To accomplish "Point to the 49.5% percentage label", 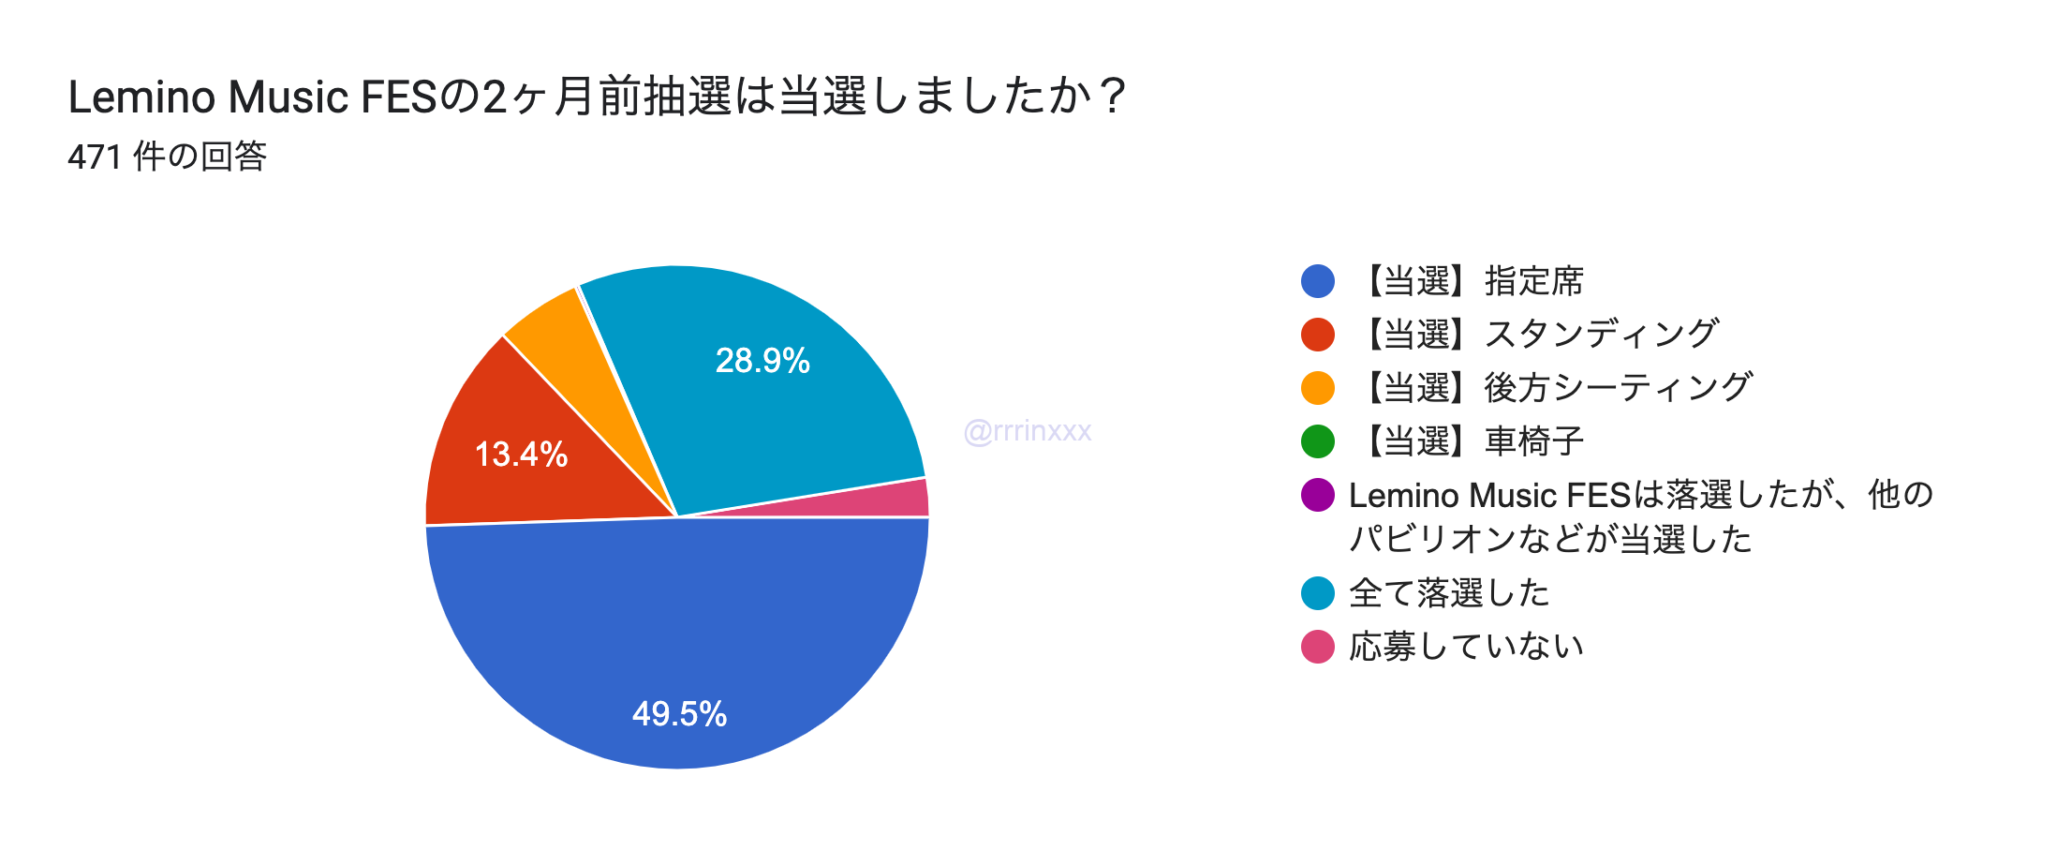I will click(x=679, y=714).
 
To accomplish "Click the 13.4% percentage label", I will click(x=521, y=455).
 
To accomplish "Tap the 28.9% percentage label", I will click(x=762, y=361).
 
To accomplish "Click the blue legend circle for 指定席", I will click(x=1317, y=281).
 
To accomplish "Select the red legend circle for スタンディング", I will click(x=1317, y=335).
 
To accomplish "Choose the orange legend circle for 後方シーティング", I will click(x=1317, y=388).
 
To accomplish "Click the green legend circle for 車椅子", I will click(x=1317, y=441).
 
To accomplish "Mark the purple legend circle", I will click(x=1317, y=495).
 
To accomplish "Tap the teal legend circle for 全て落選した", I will click(x=1317, y=593).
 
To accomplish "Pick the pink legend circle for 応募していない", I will click(x=1317, y=647).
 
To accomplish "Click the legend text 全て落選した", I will click(x=1449, y=593).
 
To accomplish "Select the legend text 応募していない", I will click(x=1466, y=647).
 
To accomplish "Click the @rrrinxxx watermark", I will click(x=1028, y=431).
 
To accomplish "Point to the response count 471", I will click(x=95, y=157).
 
